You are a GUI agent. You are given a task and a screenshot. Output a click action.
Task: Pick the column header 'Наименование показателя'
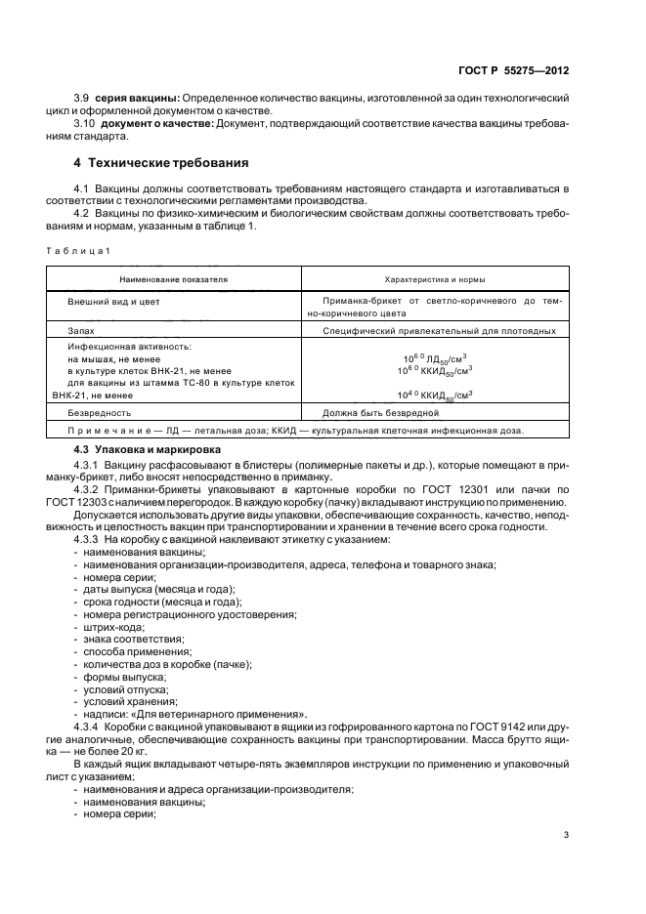click(x=174, y=279)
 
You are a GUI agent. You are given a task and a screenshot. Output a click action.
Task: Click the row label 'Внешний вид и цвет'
click(x=113, y=303)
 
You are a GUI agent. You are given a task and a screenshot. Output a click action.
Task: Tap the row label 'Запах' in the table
click(x=80, y=332)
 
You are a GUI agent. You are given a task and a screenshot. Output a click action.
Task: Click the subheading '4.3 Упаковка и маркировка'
click(x=144, y=448)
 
